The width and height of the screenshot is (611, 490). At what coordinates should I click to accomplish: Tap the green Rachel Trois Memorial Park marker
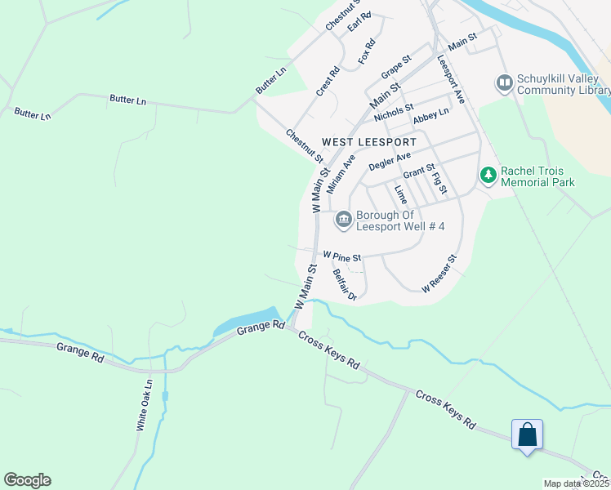[488, 176]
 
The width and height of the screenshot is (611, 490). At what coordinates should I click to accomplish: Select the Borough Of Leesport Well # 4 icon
[343, 219]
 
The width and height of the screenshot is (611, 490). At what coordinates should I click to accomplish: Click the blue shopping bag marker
[527, 434]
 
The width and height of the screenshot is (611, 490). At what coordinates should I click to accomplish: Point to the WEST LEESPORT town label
[369, 142]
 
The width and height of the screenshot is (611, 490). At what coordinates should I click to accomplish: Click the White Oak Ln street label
[145, 404]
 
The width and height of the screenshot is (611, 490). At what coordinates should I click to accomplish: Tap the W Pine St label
[341, 256]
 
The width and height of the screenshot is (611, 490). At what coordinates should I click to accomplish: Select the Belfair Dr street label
[345, 285]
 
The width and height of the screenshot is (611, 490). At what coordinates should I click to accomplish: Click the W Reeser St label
[438, 274]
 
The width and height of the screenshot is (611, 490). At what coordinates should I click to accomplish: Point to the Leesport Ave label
[450, 79]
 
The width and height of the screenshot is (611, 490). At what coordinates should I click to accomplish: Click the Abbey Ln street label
[430, 117]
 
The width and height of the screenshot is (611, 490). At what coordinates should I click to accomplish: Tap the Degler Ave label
[389, 162]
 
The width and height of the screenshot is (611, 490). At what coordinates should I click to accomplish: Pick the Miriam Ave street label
[341, 174]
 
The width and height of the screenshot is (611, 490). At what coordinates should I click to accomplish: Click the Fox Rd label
[367, 53]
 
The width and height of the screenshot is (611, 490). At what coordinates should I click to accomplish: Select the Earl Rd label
[359, 21]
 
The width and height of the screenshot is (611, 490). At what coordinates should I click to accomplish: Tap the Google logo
[27, 480]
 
